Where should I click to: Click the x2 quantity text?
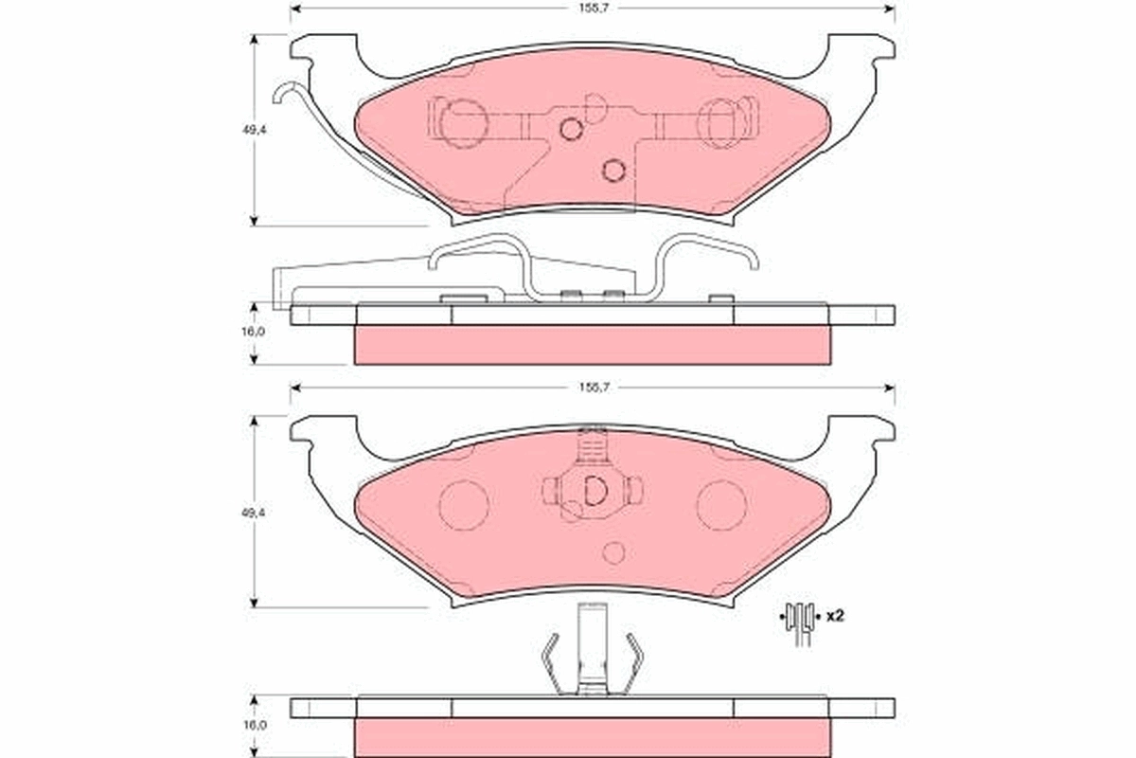[834, 616]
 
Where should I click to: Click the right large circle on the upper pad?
[721, 124]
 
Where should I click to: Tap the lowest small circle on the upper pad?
[613, 171]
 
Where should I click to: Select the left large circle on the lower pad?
[464, 504]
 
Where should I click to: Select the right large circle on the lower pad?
[721, 504]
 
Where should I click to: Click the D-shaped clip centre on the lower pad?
[593, 490]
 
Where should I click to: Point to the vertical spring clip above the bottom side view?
[593, 649]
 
